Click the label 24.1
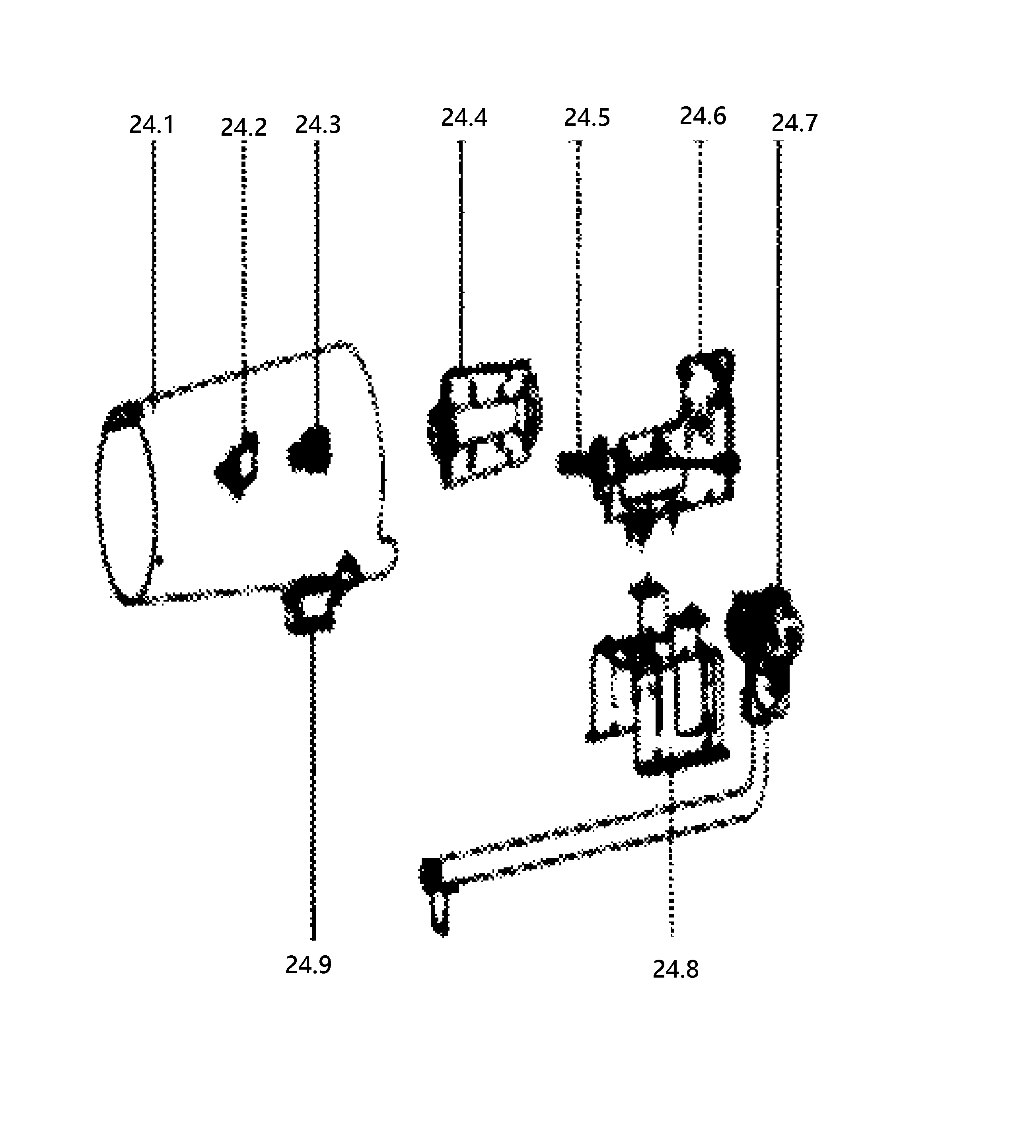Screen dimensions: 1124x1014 [x=152, y=125]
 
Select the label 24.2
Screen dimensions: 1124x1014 [x=243, y=128]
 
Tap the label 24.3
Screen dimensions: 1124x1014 [x=317, y=125]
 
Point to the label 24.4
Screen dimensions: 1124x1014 [x=464, y=118]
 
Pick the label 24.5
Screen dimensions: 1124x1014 [x=587, y=118]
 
